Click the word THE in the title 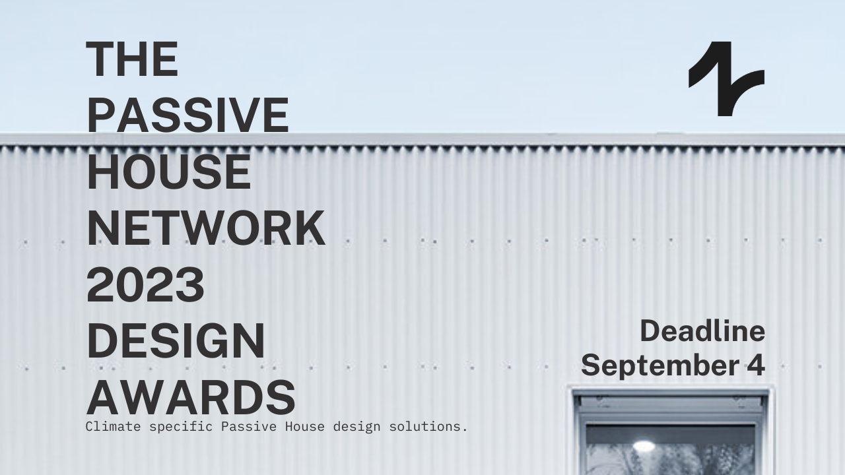(x=132, y=59)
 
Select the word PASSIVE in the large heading (x=187, y=115)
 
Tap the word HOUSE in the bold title (x=168, y=172)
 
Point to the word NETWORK (x=205, y=228)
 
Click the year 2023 (x=145, y=285)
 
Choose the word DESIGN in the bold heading (x=175, y=342)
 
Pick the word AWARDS (x=190, y=398)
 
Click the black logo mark (x=726, y=79)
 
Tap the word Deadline (x=702, y=331)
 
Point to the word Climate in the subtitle (x=113, y=426)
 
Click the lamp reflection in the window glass (x=643, y=447)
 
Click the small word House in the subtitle (x=305, y=426)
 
